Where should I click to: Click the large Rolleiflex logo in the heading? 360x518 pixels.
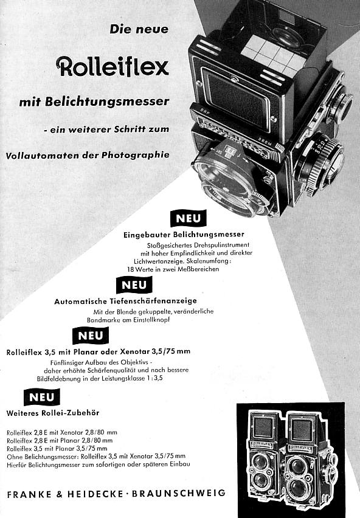coord(112,66)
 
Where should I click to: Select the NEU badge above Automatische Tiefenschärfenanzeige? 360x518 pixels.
coord(134,285)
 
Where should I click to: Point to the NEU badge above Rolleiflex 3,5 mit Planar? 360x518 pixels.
coord(90,336)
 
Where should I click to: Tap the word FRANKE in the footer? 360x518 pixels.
coord(27,494)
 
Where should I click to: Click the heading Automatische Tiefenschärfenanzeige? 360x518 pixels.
coord(125,301)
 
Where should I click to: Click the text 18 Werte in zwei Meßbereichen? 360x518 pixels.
coord(173,269)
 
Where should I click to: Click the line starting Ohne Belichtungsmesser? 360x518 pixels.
coord(96,455)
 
